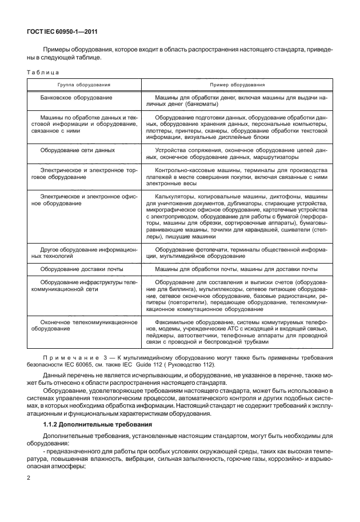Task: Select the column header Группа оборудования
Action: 83,85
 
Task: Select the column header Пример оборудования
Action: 237,85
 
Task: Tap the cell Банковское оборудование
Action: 76,98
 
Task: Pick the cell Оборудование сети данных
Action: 77,150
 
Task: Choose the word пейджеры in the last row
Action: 161,336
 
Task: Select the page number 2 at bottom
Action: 29,476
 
